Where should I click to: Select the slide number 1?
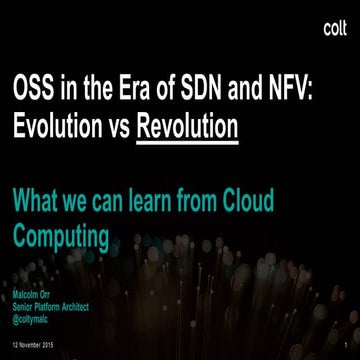click(x=344, y=343)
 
